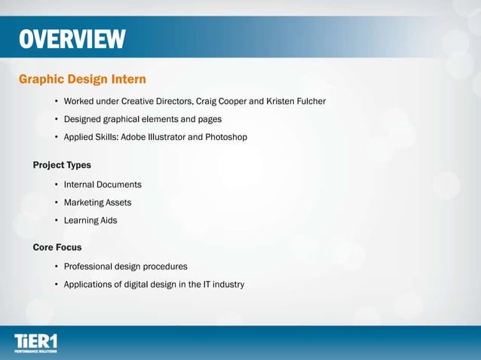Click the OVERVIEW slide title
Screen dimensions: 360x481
tap(72, 39)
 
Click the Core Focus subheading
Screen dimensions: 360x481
tap(57, 247)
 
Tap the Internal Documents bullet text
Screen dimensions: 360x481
tap(103, 185)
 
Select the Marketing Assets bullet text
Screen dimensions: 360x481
tap(97, 203)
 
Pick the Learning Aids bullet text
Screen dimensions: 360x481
tap(91, 221)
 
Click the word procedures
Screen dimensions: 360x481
tap(164, 267)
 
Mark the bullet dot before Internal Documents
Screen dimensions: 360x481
tap(57, 185)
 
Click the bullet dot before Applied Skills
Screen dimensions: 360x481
tap(57, 137)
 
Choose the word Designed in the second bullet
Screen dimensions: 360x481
tap(84, 119)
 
